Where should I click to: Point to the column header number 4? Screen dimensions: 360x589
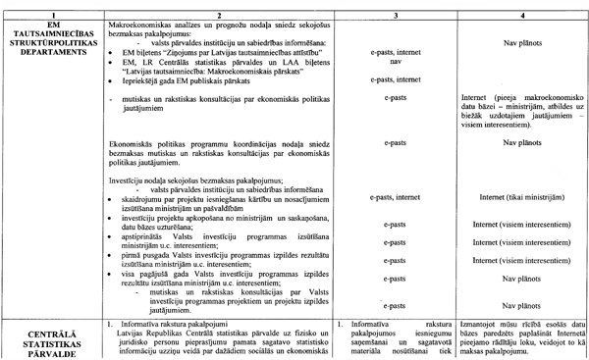coord(522,5)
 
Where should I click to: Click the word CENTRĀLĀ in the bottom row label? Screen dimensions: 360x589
coord(50,332)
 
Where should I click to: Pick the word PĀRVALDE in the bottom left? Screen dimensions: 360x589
coord(50,354)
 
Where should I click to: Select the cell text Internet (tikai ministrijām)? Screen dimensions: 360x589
coord(522,197)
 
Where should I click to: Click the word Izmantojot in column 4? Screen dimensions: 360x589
coord(481,322)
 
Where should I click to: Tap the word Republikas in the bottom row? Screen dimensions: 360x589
coord(158,332)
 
